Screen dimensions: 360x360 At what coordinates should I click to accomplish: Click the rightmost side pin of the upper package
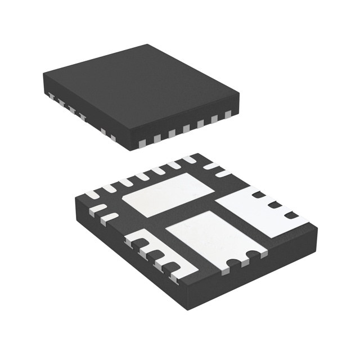228,115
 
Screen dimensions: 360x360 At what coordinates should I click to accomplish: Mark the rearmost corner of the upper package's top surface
148,45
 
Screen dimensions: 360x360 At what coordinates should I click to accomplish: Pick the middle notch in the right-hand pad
274,205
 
